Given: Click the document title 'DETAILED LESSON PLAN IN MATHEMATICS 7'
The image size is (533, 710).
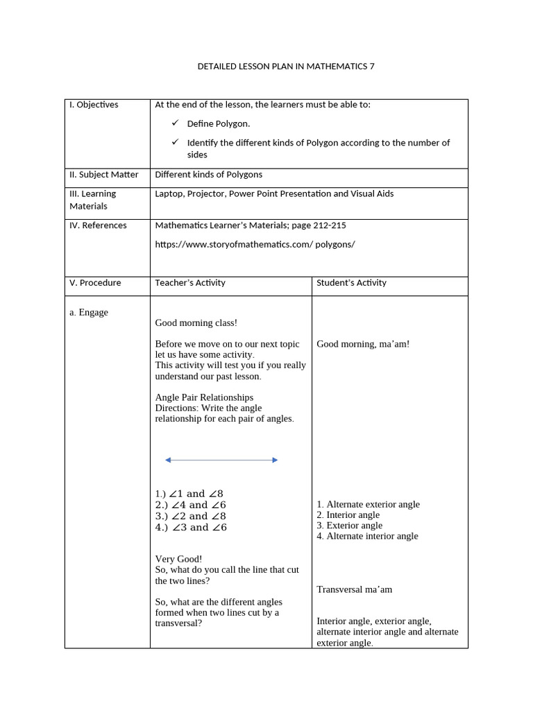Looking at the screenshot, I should click(286, 67).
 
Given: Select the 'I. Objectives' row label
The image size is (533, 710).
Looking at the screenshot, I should click(94, 105).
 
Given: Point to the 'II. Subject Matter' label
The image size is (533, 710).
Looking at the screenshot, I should click(103, 175).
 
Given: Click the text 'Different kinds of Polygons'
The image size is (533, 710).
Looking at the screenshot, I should click(208, 175).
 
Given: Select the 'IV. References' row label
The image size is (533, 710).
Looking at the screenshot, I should click(98, 225).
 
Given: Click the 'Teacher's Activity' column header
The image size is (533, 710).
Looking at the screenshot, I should click(190, 283).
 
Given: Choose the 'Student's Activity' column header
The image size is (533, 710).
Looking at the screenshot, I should click(351, 283).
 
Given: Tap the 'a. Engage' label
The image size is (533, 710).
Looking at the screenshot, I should click(89, 313).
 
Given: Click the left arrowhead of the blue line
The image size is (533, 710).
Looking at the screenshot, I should click(168, 460).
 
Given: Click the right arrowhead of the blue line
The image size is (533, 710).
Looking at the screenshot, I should click(275, 460).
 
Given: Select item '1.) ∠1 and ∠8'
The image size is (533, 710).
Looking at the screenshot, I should click(189, 494).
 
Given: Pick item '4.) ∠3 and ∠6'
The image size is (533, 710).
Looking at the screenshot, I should click(191, 527).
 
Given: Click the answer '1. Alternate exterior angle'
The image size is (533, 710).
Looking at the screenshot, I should click(368, 505).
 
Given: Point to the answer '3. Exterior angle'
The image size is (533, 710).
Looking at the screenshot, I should click(349, 526).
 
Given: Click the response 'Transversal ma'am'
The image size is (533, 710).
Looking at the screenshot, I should click(354, 589).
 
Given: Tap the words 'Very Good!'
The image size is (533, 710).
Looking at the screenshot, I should click(178, 559).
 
